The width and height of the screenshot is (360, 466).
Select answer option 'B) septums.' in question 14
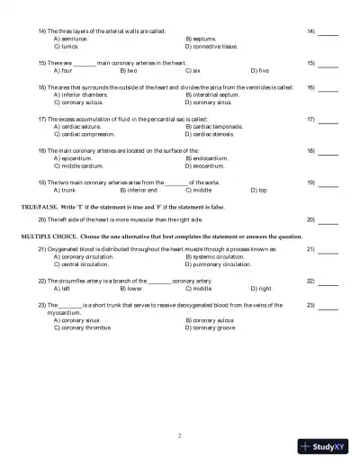202,40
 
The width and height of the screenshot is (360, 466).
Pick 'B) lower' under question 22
130,289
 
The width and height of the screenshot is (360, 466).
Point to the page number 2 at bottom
180,435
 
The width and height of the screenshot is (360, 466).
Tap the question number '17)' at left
41,119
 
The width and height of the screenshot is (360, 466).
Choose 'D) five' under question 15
259,69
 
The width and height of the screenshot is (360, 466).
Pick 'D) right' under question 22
261,289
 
